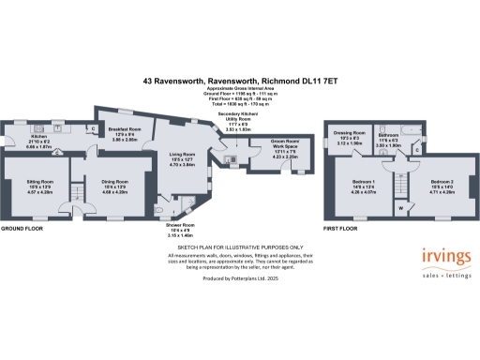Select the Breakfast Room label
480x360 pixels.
124,131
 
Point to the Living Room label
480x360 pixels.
182,157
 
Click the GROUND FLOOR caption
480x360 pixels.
21,229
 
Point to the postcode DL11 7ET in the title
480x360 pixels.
320,82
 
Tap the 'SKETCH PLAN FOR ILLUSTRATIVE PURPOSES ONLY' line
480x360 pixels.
239,246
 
